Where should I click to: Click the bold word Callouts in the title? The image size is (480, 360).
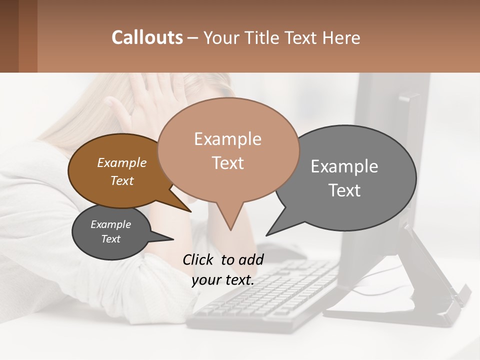(x=147, y=37)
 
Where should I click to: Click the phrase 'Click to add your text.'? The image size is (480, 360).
(x=223, y=269)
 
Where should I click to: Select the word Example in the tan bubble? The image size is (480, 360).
(x=228, y=138)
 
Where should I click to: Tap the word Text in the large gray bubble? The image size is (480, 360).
(x=344, y=190)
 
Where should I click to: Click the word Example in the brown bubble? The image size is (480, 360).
(x=121, y=162)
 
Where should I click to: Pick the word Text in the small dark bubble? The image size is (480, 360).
(x=110, y=239)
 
